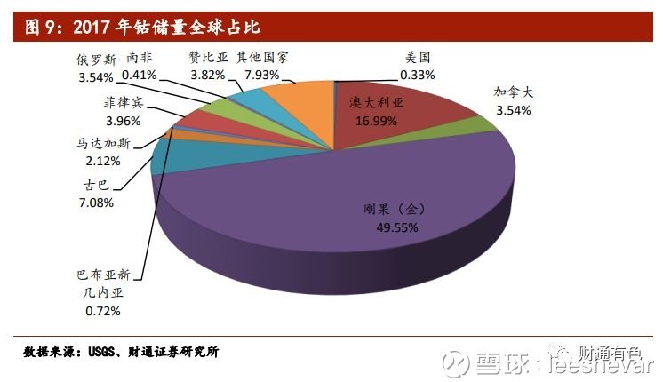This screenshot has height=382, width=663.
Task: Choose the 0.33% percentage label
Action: pos(418,75)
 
